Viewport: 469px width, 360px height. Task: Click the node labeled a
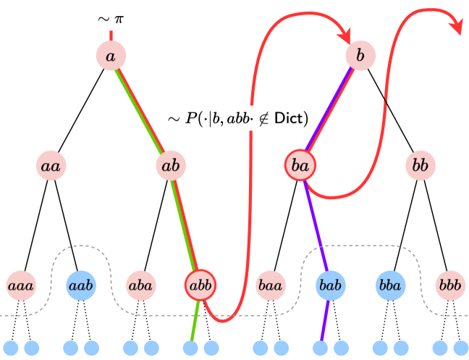pos(111,56)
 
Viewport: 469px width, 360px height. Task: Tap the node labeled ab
pos(171,166)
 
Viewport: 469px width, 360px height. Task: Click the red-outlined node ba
pos(300,166)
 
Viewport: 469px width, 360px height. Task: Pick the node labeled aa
pos(51,166)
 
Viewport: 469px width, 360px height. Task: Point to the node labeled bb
pos(420,166)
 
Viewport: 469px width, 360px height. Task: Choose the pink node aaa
pos(20,285)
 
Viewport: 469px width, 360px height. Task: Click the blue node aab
pos(80,285)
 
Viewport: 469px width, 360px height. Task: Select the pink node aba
pos(140,285)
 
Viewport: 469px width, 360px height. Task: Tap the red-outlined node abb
pos(200,285)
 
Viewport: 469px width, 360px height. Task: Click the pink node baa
pos(271,285)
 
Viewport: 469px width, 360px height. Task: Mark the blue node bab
pos(330,285)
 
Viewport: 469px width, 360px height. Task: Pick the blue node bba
pos(390,285)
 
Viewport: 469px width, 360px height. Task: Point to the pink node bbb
pos(450,285)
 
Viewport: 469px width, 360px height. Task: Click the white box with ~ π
pos(110,17)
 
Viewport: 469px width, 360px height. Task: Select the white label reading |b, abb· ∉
pos(239,118)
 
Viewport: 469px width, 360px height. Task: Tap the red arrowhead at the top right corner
pos(457,25)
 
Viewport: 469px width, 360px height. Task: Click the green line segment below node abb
pos(194,322)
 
